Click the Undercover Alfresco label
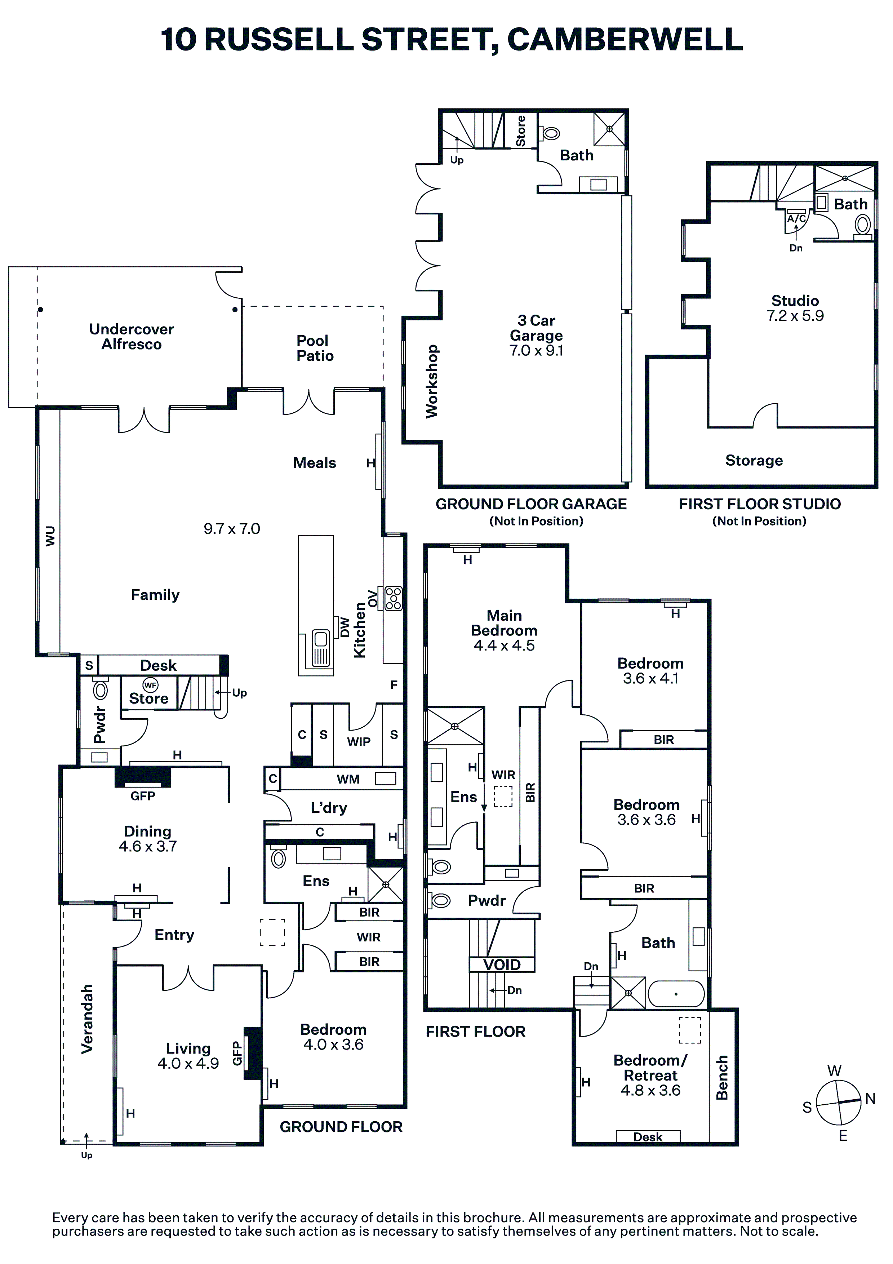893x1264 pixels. click(x=132, y=337)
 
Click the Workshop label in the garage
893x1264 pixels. click(x=432, y=381)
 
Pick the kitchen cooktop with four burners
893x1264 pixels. click(x=394, y=598)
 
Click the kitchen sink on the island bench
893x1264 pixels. click(x=320, y=648)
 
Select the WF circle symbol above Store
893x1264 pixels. click(x=150, y=685)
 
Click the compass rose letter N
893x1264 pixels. click(x=870, y=1099)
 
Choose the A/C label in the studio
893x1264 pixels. click(x=796, y=218)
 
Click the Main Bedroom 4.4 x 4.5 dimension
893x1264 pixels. click(x=504, y=645)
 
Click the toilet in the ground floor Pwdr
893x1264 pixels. click(x=101, y=690)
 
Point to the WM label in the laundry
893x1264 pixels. click(x=348, y=779)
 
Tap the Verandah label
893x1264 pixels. click(x=87, y=1019)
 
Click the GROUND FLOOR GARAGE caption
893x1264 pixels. click(x=531, y=504)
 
